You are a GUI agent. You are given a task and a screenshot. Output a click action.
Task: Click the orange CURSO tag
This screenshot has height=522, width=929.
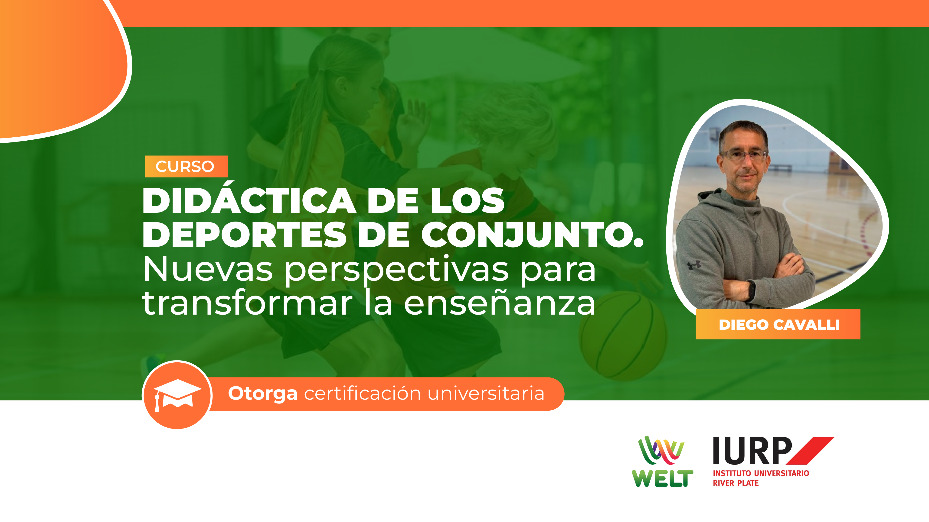186,166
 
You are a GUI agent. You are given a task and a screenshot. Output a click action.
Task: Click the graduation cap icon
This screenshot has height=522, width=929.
177,395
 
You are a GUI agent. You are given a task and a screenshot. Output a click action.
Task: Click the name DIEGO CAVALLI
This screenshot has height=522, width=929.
779,325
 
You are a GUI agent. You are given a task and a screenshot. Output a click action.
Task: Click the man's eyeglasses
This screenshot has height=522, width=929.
744,155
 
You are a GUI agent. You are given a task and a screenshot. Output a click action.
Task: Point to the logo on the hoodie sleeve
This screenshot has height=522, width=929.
694,265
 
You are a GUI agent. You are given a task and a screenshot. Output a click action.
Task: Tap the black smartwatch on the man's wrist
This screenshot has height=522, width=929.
751,290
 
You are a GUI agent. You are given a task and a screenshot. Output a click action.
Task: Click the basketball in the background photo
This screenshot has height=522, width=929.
623,336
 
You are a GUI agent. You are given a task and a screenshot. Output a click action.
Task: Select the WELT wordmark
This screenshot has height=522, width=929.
662,478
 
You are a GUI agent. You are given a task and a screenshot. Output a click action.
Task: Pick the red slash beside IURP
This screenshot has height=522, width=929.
810,451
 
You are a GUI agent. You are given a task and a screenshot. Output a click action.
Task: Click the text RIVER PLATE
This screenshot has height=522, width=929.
736,483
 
